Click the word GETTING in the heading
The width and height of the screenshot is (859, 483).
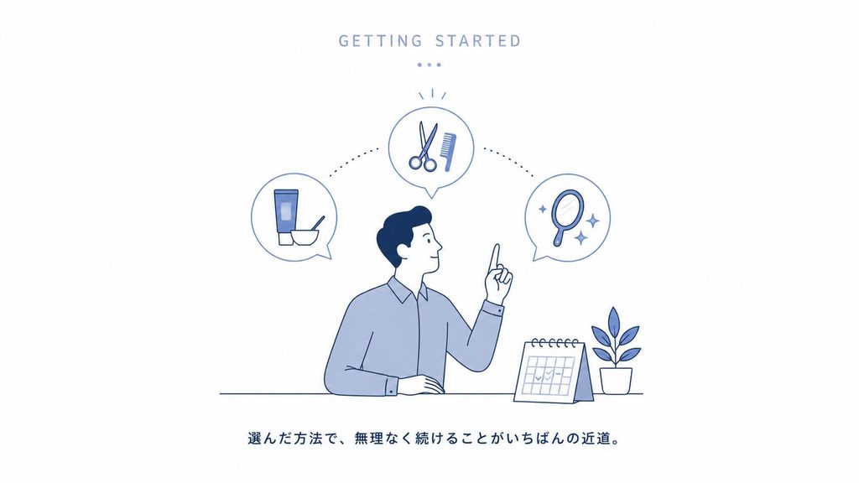(x=380, y=41)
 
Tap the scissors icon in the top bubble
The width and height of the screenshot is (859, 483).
(x=424, y=147)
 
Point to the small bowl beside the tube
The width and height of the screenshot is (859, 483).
(x=305, y=236)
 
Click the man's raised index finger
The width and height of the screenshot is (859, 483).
(x=495, y=257)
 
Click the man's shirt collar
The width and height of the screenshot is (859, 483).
(x=407, y=291)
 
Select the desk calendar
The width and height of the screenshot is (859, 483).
(x=554, y=371)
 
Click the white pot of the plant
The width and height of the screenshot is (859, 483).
(x=616, y=381)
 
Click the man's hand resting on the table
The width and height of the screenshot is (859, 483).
(x=422, y=384)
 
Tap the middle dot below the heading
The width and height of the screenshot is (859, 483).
(x=429, y=65)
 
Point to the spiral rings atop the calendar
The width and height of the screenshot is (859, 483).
(x=554, y=343)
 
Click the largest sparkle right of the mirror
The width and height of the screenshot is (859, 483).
(x=592, y=221)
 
